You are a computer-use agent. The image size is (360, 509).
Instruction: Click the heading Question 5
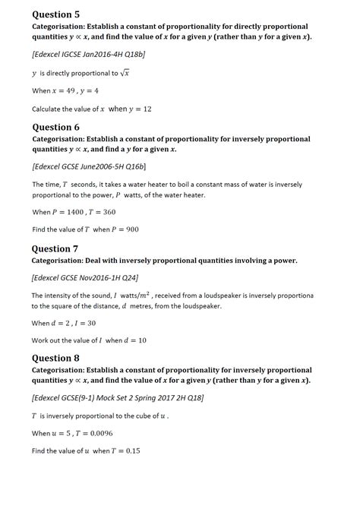pos(55,14)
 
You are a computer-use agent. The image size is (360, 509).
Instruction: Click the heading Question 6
pos(55,127)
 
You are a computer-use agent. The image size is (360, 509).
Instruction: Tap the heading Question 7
pos(55,248)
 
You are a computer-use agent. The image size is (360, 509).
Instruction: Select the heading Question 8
pos(55,358)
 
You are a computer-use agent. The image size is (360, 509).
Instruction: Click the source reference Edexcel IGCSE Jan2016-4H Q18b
pos(89,55)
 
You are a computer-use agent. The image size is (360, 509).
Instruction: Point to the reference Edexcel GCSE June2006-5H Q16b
pos(89,166)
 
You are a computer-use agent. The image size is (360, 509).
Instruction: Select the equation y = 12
pos(137,109)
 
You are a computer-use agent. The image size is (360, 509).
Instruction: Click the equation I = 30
pos(83,323)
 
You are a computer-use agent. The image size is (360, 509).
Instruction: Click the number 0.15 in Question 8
pos(130,451)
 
